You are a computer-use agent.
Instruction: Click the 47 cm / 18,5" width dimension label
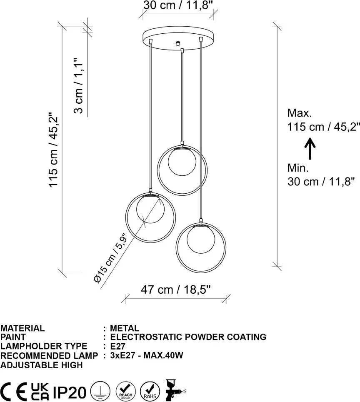pos(176,290)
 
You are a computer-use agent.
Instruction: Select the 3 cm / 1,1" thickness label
pos(79,85)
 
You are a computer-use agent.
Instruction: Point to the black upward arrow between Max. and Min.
pos(310,149)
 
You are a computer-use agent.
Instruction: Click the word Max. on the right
pos(300,113)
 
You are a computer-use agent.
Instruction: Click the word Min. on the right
pos(298,168)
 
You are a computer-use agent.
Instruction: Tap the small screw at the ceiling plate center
pos(177,43)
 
